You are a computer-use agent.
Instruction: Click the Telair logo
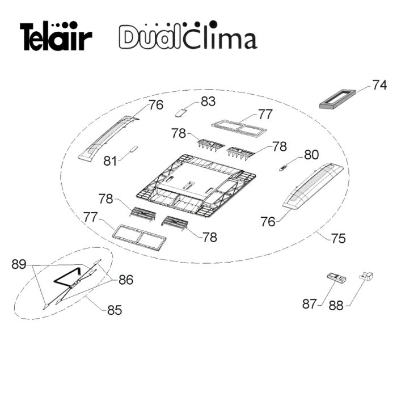coord(56,36)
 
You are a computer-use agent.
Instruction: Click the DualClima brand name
coord(188,35)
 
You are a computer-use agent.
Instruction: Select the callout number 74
coord(379,85)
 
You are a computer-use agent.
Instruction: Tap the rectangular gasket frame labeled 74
coord(338,99)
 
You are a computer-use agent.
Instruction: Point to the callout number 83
coord(208,102)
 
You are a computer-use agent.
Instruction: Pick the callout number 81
coord(110,161)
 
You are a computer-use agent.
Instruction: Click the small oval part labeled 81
coord(133,149)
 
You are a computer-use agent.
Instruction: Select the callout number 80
coord(311,155)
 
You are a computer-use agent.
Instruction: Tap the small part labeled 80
coord(284,168)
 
